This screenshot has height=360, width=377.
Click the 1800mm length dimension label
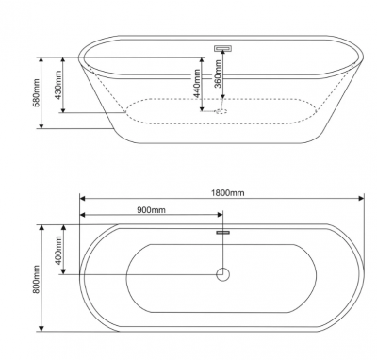(227, 192)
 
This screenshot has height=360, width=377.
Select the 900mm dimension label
(151, 209)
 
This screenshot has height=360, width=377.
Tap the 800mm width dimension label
(37, 279)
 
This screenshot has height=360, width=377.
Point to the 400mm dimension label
(58, 251)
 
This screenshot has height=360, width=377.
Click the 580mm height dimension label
(37, 93)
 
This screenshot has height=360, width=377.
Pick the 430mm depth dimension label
(58, 86)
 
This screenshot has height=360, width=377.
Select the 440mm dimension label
(197, 83)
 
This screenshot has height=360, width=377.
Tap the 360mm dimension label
(218, 74)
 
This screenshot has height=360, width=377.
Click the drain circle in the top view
(222, 274)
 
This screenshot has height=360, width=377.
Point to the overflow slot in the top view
(222, 233)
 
